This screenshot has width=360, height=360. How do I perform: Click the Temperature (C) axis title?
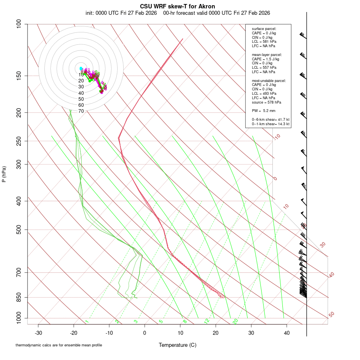click(x=177, y=345)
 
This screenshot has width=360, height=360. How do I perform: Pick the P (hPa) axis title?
click(x=4, y=174)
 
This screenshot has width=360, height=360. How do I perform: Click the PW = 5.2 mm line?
click(x=264, y=110)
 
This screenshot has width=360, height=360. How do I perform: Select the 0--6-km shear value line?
click(x=271, y=119)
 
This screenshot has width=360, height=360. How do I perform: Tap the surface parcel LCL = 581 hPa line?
click(x=264, y=42)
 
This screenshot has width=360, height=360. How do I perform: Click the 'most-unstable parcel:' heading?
click(x=269, y=80)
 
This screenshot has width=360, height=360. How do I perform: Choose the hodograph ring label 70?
click(x=81, y=111)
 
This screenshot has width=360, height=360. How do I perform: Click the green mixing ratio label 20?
click(x=235, y=321)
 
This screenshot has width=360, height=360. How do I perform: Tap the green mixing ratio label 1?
click(x=86, y=321)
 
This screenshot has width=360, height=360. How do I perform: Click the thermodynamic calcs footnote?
click(x=59, y=345)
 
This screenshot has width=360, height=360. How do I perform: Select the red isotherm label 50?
click(x=331, y=315)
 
